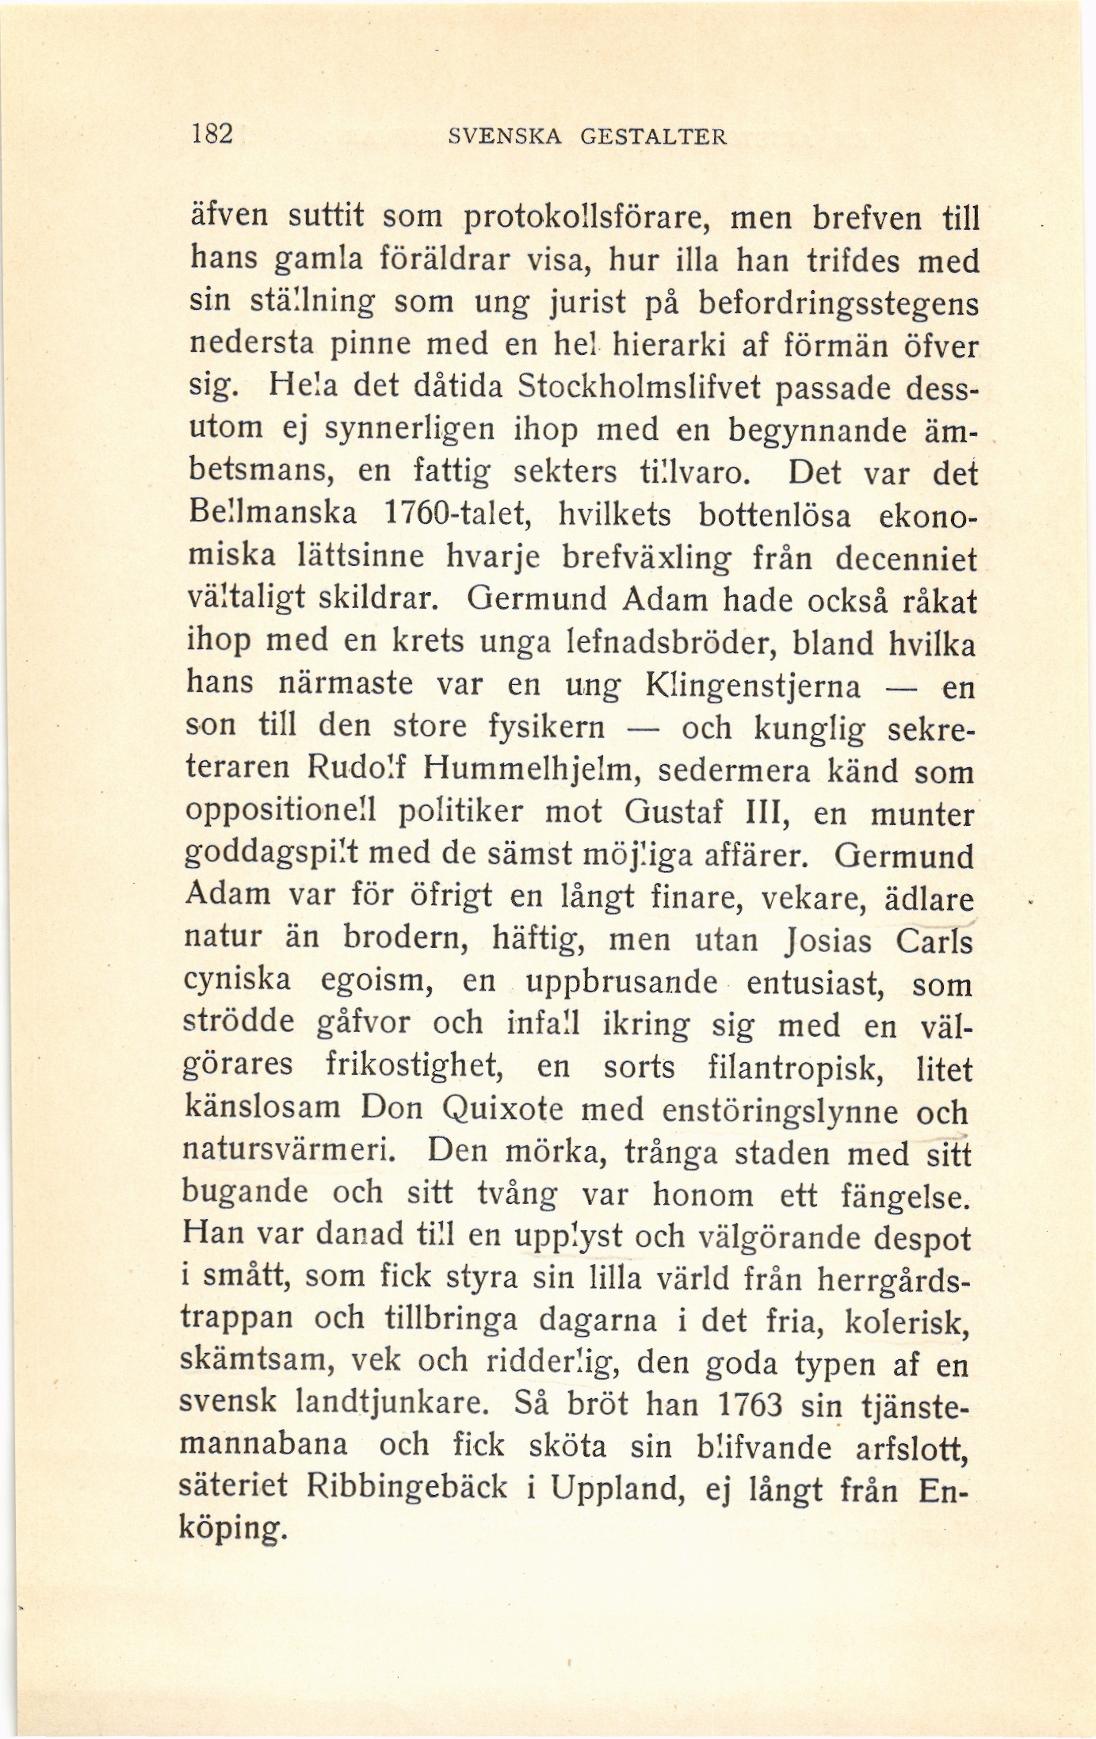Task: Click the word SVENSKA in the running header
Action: [x=505, y=136]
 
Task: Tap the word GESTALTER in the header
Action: [x=653, y=136]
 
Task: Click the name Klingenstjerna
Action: [x=753, y=686]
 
